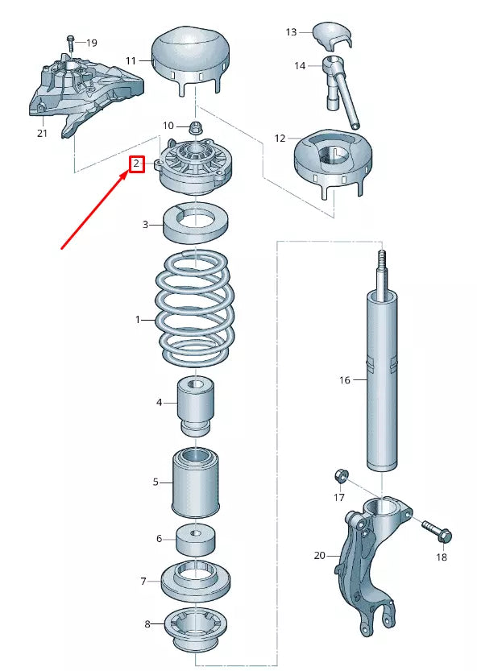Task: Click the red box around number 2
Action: click(x=137, y=164)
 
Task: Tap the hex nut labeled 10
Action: click(x=196, y=127)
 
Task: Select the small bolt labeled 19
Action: click(x=71, y=44)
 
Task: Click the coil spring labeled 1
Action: click(x=195, y=308)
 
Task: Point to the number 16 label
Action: click(x=345, y=380)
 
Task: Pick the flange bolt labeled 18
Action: click(x=438, y=531)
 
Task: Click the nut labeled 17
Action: click(x=342, y=476)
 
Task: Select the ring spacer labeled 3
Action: click(x=195, y=222)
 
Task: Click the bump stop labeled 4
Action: click(x=196, y=407)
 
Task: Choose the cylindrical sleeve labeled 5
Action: click(x=196, y=483)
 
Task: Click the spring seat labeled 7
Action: click(x=196, y=582)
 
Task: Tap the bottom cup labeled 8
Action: click(x=196, y=632)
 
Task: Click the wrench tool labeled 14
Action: click(x=342, y=91)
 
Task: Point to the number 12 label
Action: click(x=280, y=139)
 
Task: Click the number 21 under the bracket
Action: click(x=42, y=134)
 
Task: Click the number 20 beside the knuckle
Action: click(x=320, y=556)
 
